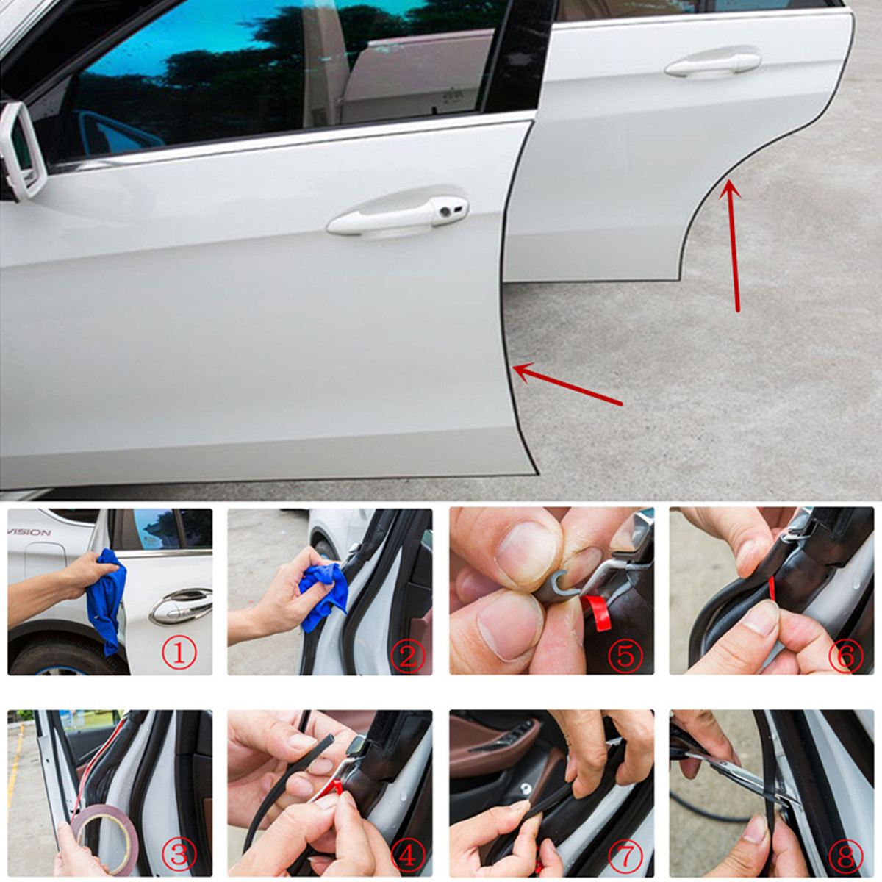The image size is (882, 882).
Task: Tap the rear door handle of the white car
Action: tap(711, 64)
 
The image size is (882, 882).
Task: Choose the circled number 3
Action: tap(182, 854)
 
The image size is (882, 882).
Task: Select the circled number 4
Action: tap(406, 854)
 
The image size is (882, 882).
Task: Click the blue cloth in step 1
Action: tap(107, 595)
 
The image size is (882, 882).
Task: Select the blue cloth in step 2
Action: tap(323, 584)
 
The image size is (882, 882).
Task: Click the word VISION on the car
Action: tap(29, 532)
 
